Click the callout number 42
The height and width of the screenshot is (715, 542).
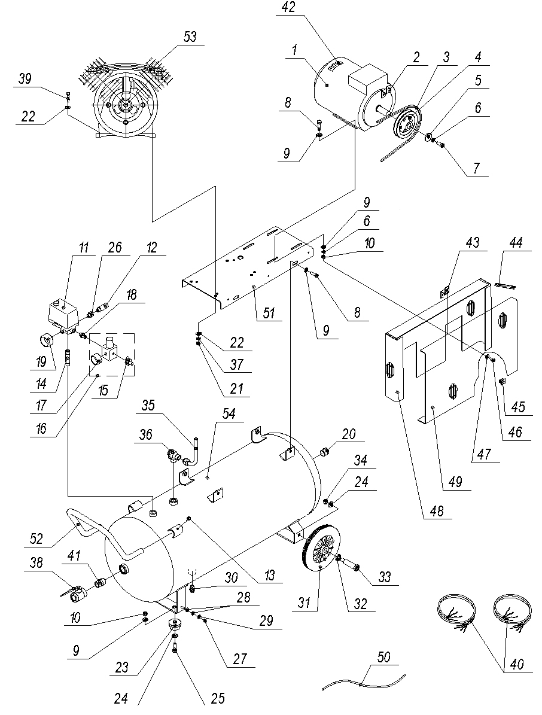click(288, 8)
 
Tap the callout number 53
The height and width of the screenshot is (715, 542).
click(190, 36)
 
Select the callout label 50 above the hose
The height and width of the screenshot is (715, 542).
click(384, 657)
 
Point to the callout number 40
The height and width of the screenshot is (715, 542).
click(516, 664)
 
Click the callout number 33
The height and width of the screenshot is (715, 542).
click(385, 577)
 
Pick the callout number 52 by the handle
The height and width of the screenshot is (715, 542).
click(35, 538)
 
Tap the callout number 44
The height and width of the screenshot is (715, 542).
click(516, 242)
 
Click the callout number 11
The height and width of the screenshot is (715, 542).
click(84, 248)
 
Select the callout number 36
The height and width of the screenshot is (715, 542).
click(146, 434)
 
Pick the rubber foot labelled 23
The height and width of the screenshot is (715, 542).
click(173, 624)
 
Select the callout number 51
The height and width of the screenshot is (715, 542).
click(269, 313)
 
